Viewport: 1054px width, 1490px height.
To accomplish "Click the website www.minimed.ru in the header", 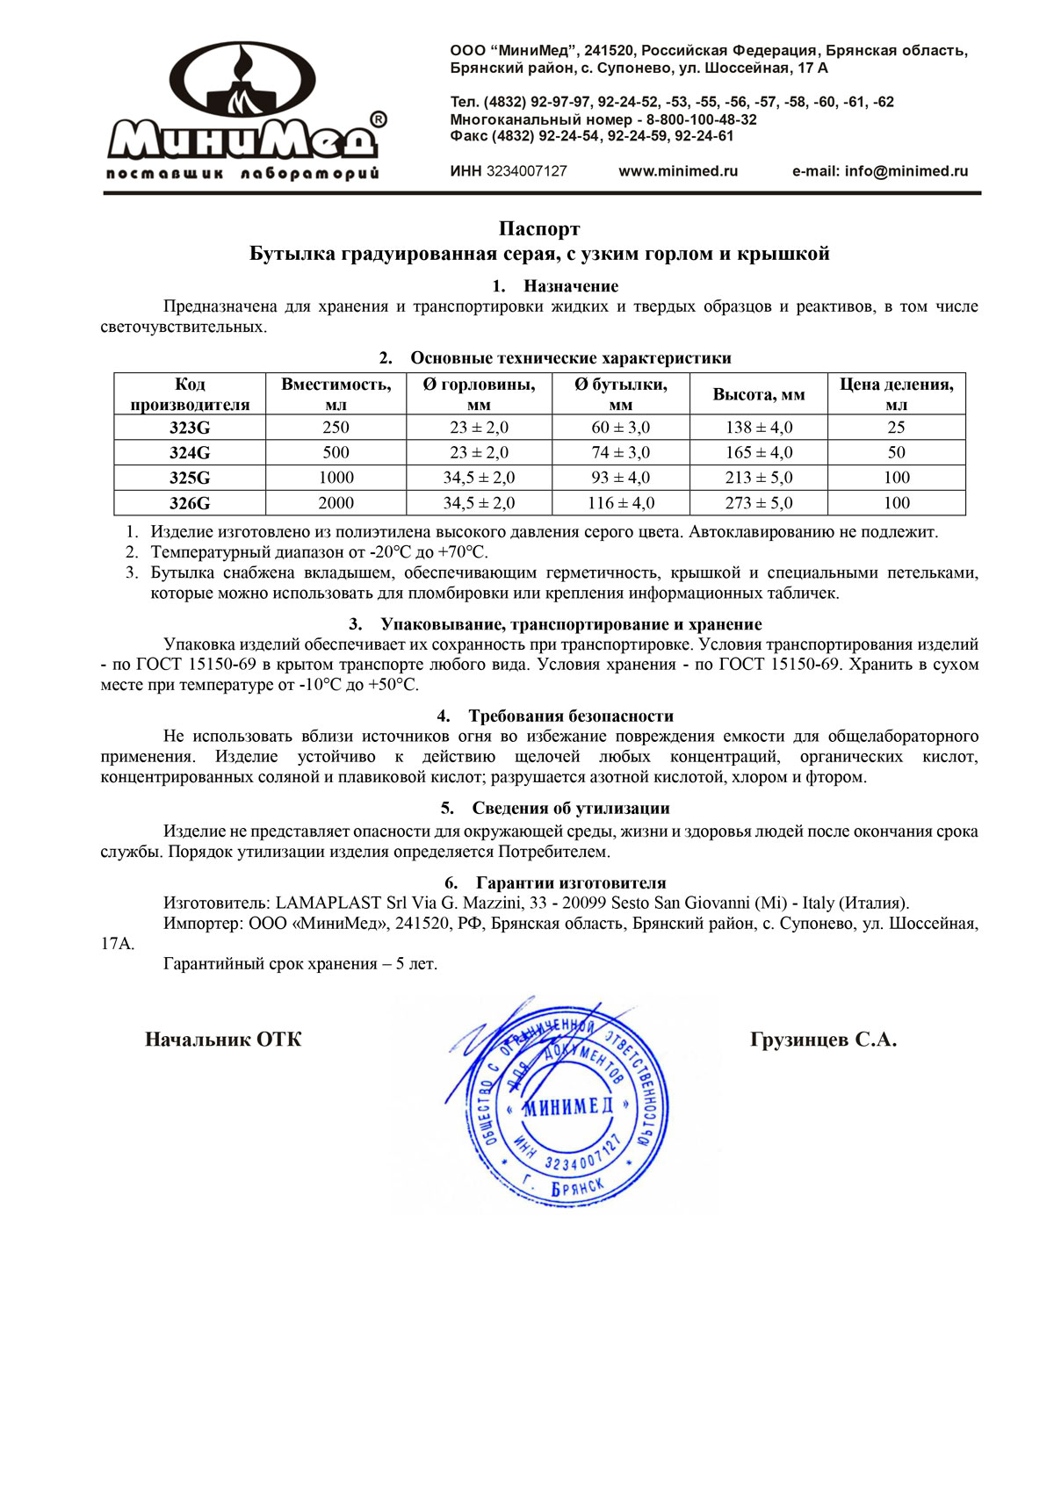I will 678,171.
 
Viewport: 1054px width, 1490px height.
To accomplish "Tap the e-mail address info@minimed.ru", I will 906,171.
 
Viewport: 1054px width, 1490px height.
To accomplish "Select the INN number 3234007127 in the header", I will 526,171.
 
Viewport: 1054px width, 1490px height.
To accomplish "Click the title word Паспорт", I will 539,229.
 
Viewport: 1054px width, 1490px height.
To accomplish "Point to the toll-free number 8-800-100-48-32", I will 702,119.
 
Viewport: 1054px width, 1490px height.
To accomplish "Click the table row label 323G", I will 190,428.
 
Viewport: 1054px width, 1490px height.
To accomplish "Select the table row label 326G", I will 190,503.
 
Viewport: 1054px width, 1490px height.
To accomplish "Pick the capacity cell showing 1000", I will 336,478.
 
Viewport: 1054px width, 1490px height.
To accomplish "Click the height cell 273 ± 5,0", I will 759,503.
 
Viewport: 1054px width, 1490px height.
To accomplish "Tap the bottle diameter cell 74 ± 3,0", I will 620,453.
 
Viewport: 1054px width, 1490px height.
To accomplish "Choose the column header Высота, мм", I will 759,394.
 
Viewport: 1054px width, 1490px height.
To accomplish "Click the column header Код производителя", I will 190,394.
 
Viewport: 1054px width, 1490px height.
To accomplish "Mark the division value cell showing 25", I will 896,428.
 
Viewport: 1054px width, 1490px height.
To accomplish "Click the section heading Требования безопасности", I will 571,716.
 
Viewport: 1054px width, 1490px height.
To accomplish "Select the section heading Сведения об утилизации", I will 571,809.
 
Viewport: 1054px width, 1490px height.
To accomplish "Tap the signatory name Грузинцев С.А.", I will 823,1040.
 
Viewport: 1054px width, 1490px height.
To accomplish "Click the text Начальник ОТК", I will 223,1040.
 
